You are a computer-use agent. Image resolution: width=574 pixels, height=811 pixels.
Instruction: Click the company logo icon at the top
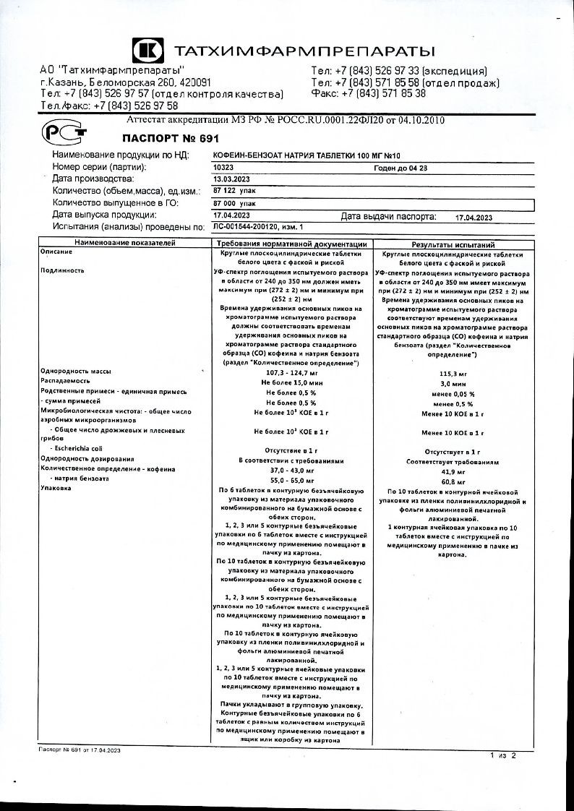click(x=147, y=51)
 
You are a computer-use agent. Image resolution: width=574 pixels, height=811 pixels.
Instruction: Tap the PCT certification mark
click(x=64, y=132)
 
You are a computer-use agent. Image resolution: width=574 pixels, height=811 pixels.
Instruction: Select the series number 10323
click(x=224, y=167)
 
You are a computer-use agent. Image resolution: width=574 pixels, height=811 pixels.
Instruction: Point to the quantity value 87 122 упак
click(x=234, y=191)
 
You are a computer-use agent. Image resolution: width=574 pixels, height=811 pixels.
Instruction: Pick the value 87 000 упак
click(x=234, y=204)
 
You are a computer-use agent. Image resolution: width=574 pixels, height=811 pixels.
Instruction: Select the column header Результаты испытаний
click(x=453, y=245)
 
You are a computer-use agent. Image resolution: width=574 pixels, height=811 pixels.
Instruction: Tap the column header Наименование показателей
click(x=124, y=244)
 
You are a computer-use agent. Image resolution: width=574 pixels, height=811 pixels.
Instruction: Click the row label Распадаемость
click(x=65, y=380)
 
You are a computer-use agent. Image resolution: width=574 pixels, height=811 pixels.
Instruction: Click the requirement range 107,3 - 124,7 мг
click(x=291, y=372)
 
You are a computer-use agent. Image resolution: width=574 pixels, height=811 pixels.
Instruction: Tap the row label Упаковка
click(x=56, y=489)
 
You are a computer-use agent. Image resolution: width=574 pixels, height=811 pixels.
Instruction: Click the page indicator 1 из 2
click(x=503, y=755)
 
